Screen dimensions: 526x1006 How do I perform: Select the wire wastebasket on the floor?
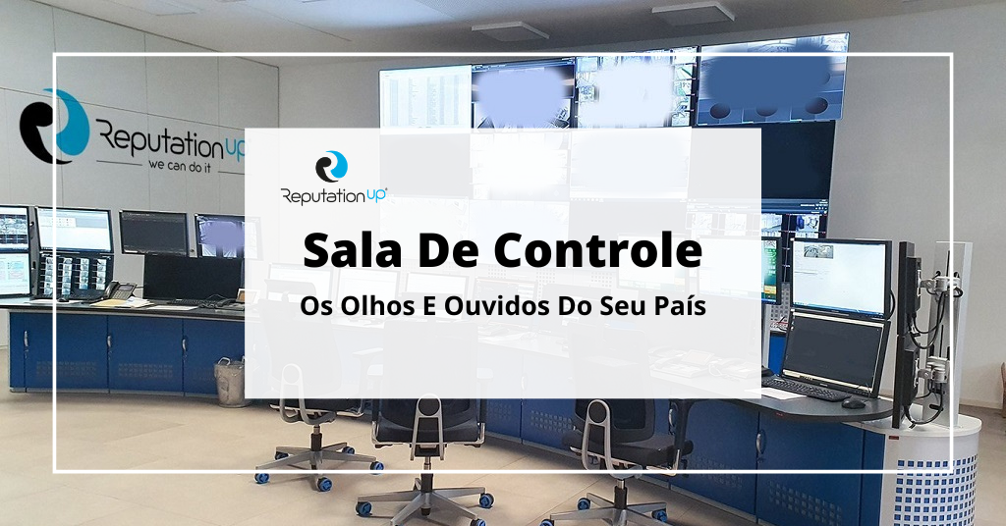tap(230, 381)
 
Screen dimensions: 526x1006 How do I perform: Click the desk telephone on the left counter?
tap(120, 290)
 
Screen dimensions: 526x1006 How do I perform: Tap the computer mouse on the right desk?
tap(853, 402)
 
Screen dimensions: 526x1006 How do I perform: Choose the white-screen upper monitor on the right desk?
tap(840, 276)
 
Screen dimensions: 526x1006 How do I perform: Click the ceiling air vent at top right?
tap(693, 12)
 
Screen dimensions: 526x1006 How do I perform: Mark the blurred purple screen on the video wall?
tap(523, 95)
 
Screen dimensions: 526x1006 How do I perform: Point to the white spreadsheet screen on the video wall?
tap(424, 96)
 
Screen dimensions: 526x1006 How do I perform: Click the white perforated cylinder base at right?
tap(938, 471)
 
